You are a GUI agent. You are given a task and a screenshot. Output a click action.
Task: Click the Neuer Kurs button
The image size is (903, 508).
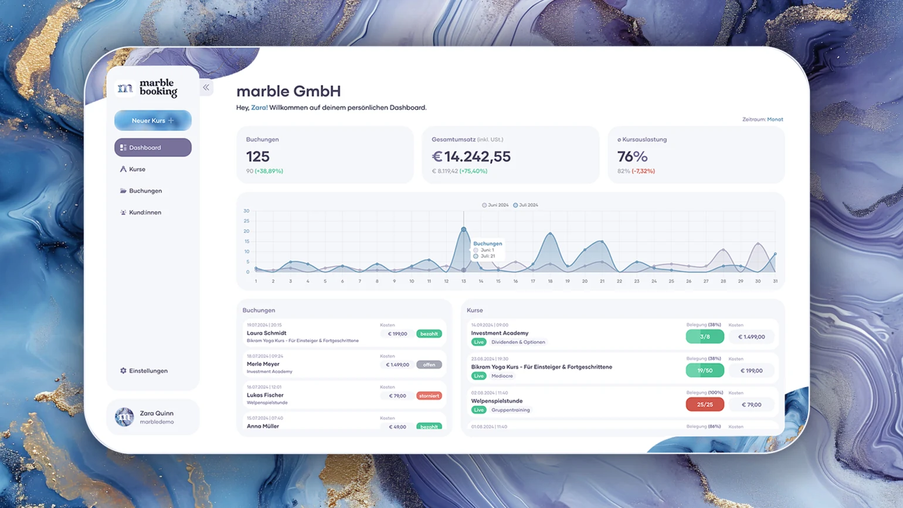[152, 121]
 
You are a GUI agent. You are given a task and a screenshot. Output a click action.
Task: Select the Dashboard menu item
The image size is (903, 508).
[152, 148]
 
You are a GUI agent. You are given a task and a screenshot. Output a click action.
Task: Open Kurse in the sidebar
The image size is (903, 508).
[137, 170]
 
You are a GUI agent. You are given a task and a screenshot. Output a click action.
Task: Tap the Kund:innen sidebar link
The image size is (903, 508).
[144, 212]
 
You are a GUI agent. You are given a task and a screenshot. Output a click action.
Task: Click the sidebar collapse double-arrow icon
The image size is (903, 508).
[206, 87]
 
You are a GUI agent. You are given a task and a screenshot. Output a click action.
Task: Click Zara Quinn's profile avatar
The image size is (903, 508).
[124, 417]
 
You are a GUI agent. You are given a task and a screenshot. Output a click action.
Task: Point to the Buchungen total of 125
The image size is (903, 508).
[258, 157]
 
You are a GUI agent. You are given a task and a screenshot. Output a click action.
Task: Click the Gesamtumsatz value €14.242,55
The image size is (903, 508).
[471, 157]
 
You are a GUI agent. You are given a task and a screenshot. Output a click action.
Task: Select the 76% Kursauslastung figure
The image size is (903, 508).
[632, 157]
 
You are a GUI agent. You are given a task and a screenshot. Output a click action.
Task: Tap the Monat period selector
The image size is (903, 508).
[775, 120]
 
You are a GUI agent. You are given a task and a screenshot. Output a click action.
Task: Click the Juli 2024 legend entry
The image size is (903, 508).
[525, 205]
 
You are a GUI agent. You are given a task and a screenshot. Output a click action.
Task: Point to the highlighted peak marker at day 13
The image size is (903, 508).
[464, 229]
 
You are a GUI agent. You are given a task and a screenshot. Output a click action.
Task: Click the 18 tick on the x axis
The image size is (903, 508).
[550, 282]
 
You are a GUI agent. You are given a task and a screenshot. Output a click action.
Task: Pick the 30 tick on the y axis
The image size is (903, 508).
[246, 211]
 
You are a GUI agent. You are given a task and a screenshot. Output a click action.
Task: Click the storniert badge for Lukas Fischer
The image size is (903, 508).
[429, 396]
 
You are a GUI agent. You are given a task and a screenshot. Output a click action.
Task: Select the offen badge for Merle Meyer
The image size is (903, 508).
[429, 365]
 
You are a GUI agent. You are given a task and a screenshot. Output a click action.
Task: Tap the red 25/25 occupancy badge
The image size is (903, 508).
[705, 405]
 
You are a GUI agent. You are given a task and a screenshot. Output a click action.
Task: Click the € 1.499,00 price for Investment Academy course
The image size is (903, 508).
[751, 337]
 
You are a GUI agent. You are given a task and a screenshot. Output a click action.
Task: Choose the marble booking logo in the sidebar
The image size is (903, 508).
[147, 88]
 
